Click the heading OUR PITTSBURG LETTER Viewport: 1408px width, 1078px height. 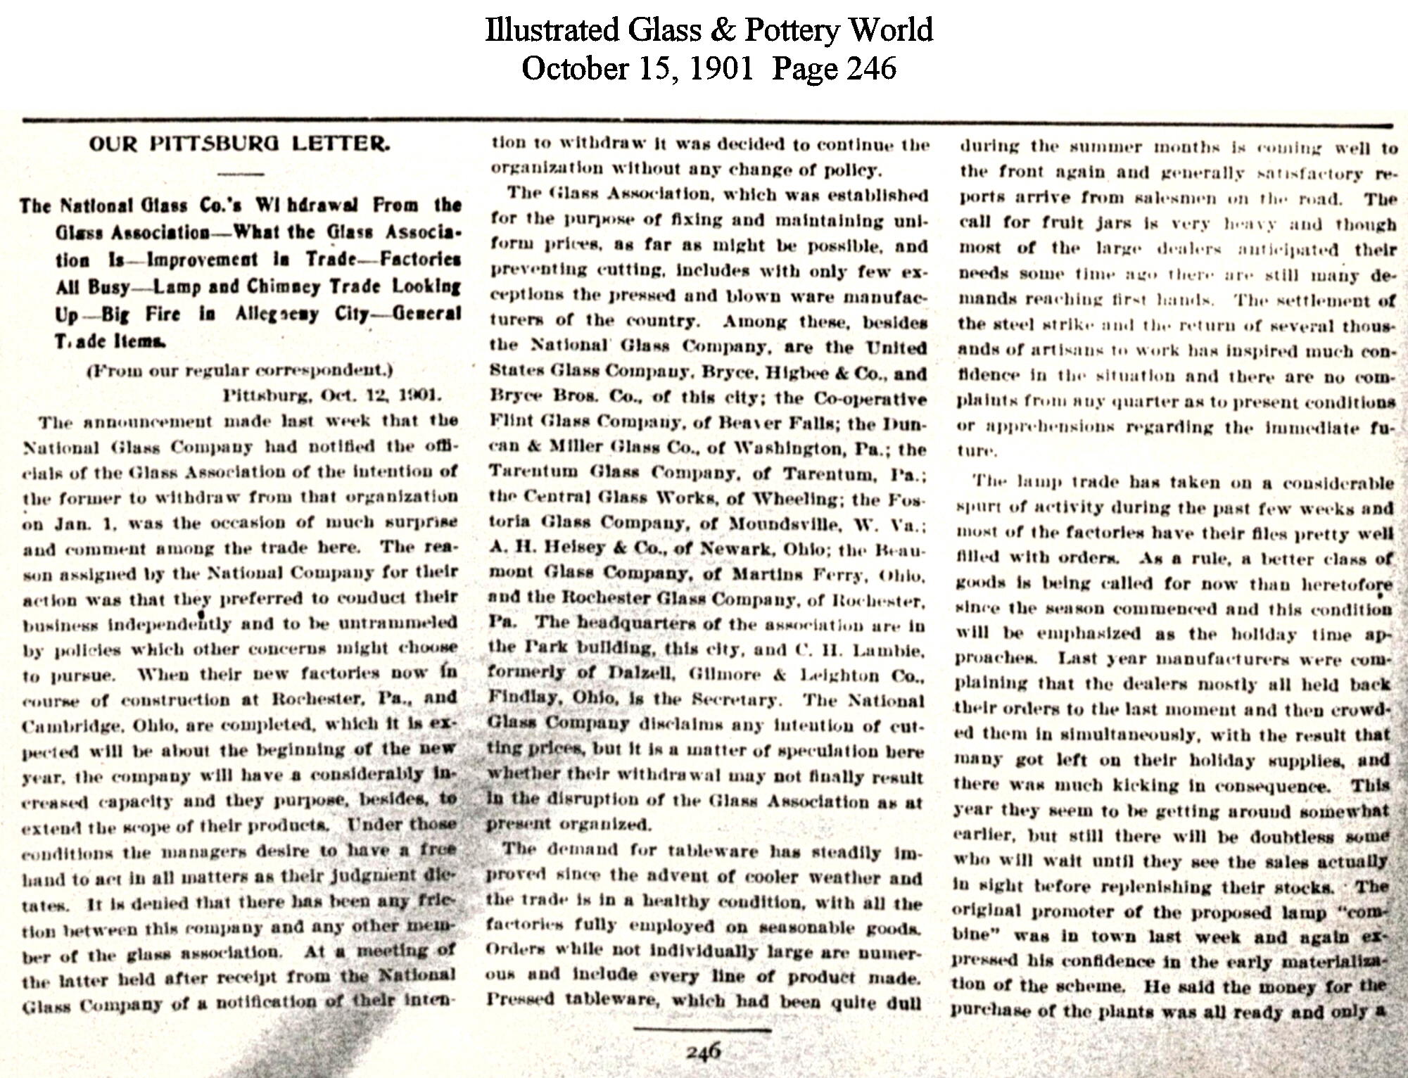pos(239,144)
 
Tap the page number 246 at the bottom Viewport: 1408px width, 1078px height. pos(703,1051)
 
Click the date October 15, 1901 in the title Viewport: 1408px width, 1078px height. pos(637,68)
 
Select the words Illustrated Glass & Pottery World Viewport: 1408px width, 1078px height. pos(709,30)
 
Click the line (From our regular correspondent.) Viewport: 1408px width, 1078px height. pos(239,369)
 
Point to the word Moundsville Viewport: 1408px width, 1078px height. pos(784,524)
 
